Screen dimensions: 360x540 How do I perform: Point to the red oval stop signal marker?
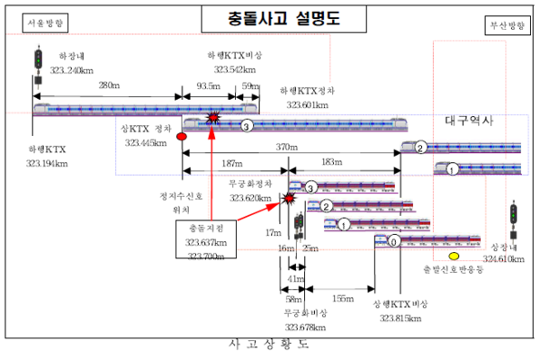182,137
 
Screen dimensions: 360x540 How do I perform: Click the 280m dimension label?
109,85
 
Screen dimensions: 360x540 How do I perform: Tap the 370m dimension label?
286,148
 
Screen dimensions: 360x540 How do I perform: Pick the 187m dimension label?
232,163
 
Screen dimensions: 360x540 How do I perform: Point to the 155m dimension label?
341,298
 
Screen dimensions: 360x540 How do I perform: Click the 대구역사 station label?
470,121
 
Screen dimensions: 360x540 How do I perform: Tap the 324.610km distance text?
503,259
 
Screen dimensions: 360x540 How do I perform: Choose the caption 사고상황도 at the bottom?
269,345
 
